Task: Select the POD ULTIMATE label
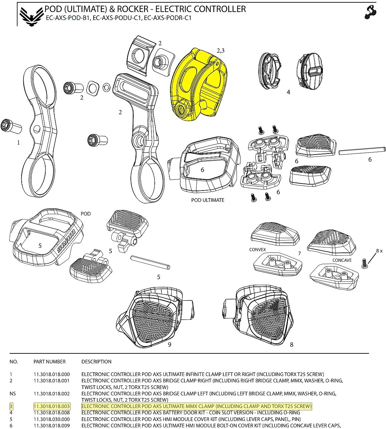[208, 200]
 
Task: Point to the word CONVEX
[258, 249]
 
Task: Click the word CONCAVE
[342, 260]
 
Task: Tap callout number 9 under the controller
[169, 344]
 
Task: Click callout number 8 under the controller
[291, 344]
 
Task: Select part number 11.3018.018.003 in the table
[52, 406]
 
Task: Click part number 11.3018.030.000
[52, 419]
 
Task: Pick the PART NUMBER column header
[50, 361]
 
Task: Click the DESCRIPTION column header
[96, 361]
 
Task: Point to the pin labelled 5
[150, 262]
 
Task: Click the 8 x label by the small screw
[379, 251]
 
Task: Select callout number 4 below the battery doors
[288, 92]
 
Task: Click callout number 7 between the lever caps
[299, 253]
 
